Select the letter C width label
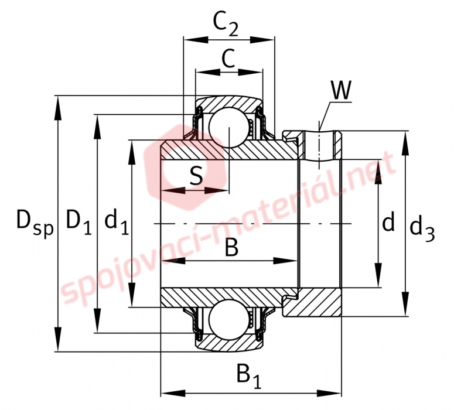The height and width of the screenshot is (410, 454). point(228,58)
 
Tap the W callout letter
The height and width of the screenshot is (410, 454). point(341,90)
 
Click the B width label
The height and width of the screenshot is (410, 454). point(231,248)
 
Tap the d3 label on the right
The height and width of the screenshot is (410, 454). point(422,229)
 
